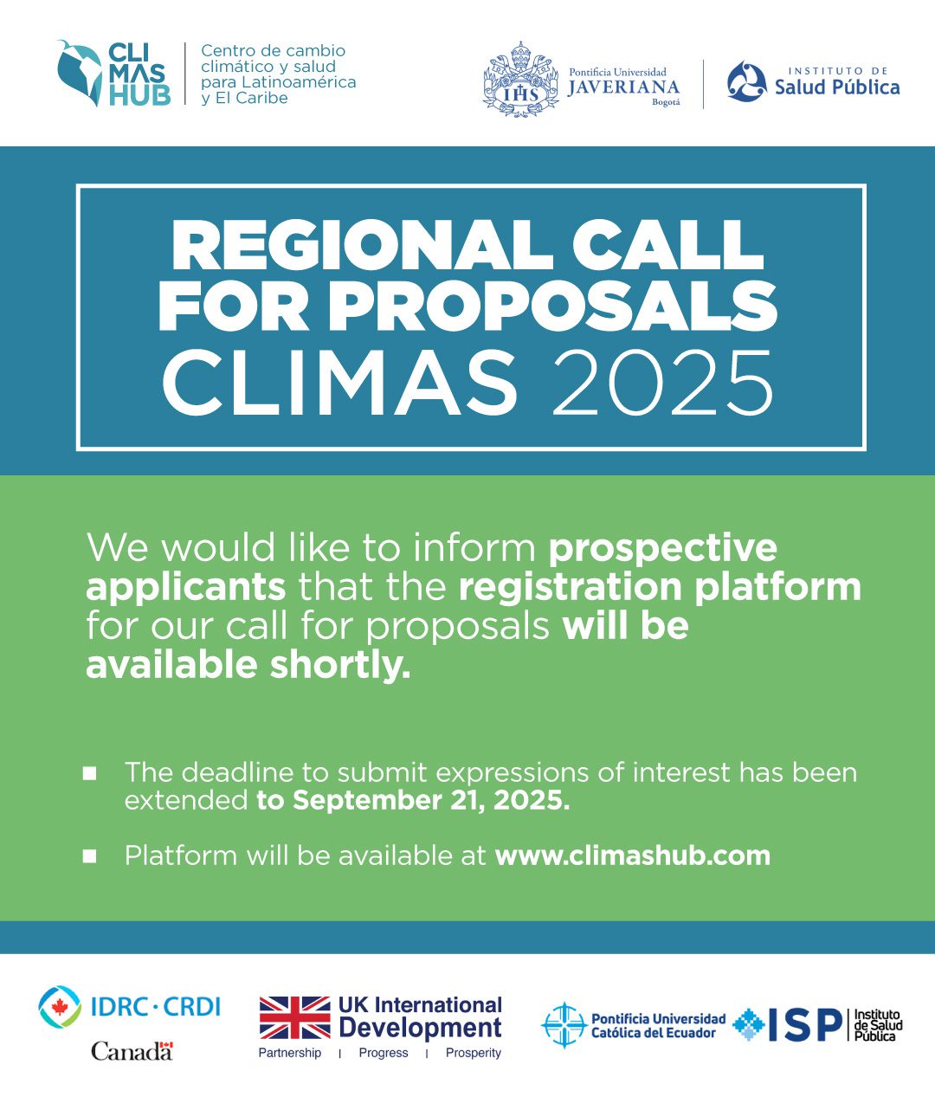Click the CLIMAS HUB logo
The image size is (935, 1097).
[x=113, y=74]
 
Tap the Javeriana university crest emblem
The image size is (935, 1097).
[x=520, y=80]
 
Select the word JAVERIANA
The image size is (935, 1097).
[x=623, y=87]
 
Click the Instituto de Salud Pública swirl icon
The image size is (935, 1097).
[x=746, y=81]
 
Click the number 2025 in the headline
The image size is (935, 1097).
[x=662, y=383]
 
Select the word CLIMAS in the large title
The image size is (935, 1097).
[x=339, y=383]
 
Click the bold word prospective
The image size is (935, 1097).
[x=663, y=549]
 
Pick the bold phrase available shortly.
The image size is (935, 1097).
[x=248, y=666]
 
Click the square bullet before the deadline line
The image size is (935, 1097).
[x=90, y=773]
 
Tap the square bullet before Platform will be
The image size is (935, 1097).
[x=90, y=855]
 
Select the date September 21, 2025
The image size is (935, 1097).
[x=431, y=801]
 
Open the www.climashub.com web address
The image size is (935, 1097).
[x=633, y=855]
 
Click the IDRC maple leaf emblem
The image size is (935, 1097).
[x=60, y=1007]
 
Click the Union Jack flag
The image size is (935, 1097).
[x=294, y=1018]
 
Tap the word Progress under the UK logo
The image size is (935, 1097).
[x=384, y=1053]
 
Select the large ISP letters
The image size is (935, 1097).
[x=805, y=1025]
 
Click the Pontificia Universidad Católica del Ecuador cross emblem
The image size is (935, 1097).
[x=564, y=1025]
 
